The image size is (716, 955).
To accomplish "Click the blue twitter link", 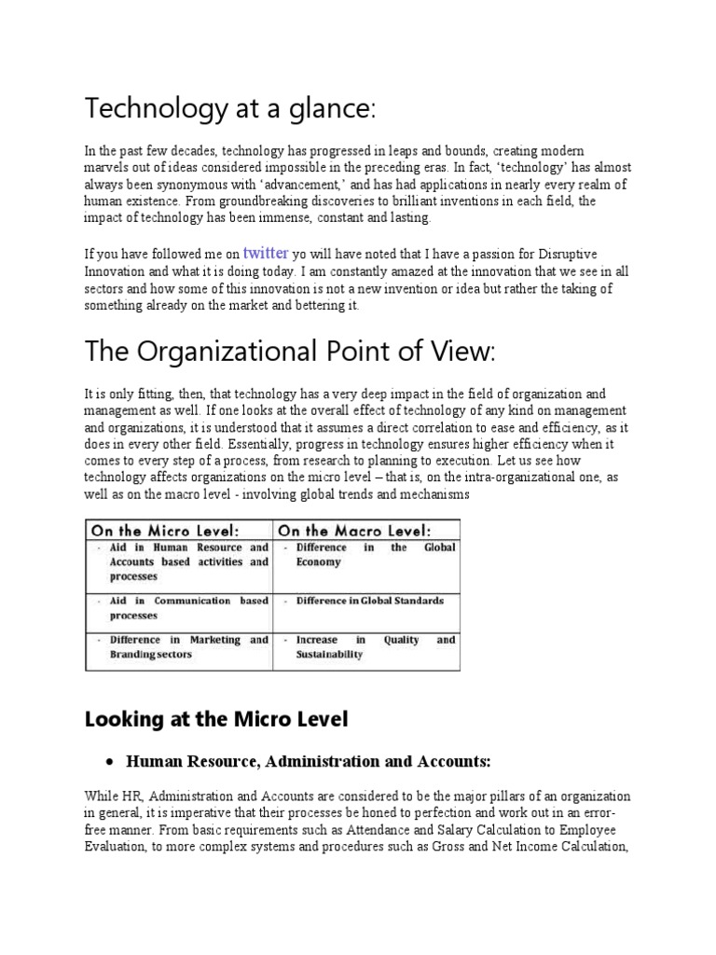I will pos(266,252).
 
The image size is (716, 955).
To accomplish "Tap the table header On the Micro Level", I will pos(177,529).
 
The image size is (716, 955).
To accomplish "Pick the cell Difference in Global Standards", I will pos(370,601).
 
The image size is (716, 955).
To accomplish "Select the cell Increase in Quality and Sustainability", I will pos(370,647).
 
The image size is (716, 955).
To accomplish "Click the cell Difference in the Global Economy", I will pos(370,555).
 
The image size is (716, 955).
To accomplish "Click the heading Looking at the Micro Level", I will pos(215,719).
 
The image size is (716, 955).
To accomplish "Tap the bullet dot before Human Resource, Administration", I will pos(111,763).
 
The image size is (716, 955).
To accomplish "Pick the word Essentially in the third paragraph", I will pos(245,444).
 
